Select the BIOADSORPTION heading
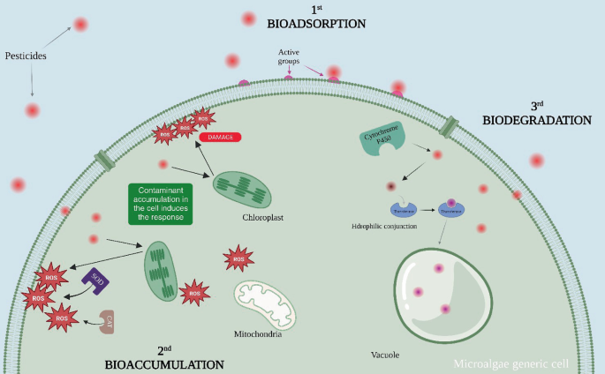[303, 24]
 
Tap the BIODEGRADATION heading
[536, 118]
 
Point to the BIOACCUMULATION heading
[163, 363]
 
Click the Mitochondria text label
[259, 333]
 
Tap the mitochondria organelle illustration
[265, 303]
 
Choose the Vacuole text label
[384, 354]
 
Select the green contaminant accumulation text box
[160, 204]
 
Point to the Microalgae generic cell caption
[511, 363]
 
